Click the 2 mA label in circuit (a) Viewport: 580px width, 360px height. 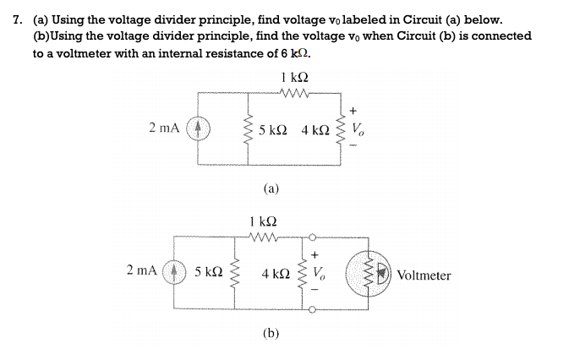(x=163, y=128)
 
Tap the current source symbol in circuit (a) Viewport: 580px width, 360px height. (x=199, y=129)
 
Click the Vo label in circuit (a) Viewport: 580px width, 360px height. (x=360, y=129)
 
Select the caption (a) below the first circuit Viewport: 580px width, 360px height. (x=271, y=188)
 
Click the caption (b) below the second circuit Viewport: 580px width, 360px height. (x=271, y=333)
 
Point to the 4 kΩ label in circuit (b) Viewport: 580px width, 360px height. (x=276, y=274)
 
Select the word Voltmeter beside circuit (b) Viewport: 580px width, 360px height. (x=424, y=275)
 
